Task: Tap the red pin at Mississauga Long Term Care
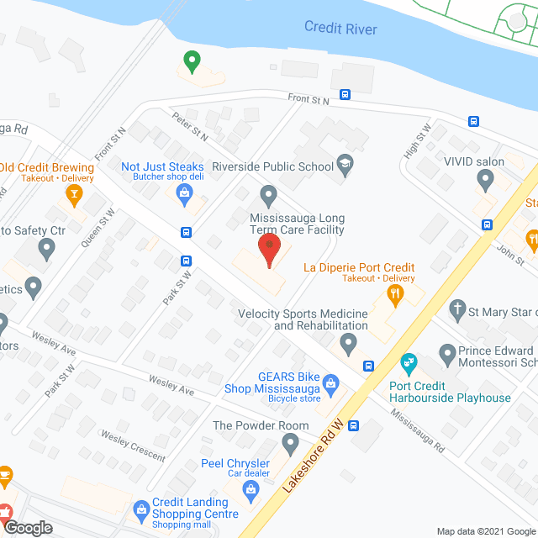click(268, 250)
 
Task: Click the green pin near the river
click(192, 61)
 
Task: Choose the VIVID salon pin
click(484, 178)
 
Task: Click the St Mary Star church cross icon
click(457, 310)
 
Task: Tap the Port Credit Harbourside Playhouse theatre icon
click(409, 363)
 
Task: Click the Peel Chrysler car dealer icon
click(250, 488)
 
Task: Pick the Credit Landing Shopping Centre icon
click(142, 509)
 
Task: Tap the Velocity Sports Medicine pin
click(349, 341)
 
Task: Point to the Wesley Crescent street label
click(133, 446)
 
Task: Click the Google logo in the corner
click(28, 528)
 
